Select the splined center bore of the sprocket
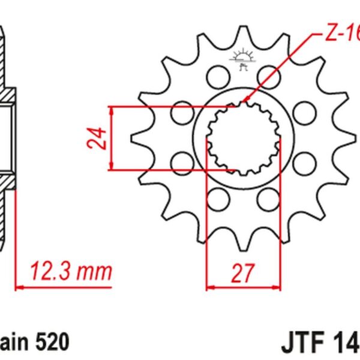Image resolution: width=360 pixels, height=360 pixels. [x=242, y=139]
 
